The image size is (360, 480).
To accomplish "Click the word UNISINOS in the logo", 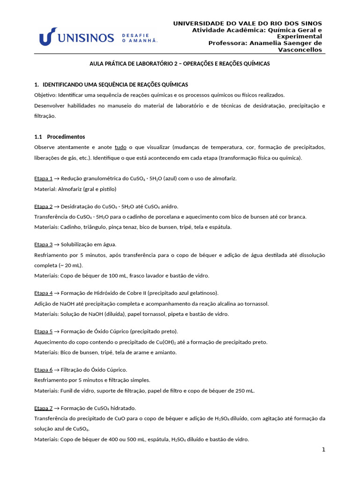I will click(87, 37).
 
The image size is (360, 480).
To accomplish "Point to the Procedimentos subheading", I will click(66, 137).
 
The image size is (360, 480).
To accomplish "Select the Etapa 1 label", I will click(44, 179).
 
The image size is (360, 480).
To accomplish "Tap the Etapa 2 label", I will click(44, 206).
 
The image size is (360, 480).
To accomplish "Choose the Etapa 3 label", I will click(44, 245).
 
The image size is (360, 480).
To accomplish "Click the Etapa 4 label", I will click(44, 293).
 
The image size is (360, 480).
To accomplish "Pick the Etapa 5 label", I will click(44, 331).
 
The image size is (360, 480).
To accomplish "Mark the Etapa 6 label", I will click(44, 370).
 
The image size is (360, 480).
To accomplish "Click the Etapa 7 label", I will click(44, 408).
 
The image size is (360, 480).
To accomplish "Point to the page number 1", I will click(323, 450).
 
